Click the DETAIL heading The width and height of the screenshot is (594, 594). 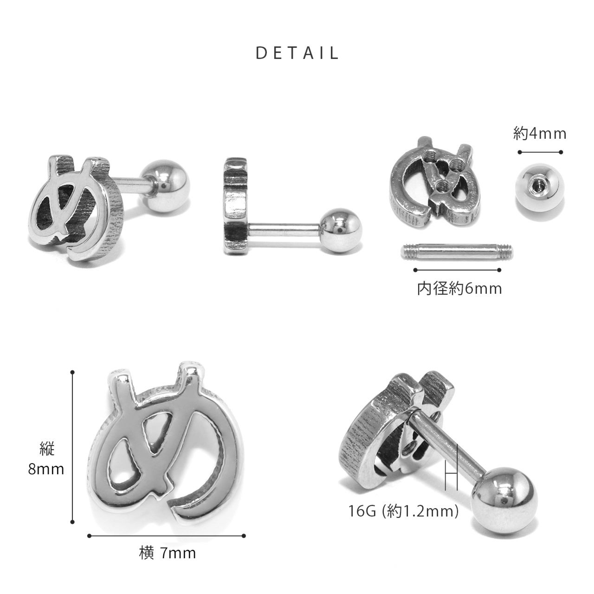click(297, 53)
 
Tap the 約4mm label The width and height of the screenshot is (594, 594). click(540, 134)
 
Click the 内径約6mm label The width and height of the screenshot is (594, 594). click(459, 289)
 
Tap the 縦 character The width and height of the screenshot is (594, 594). click(47, 449)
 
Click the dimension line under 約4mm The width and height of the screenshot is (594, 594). click(540, 152)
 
